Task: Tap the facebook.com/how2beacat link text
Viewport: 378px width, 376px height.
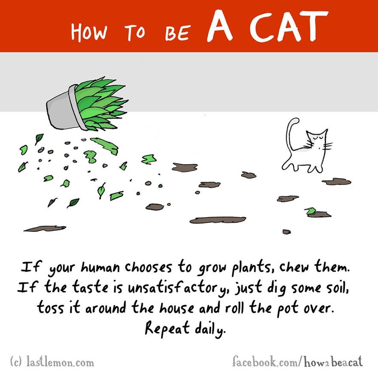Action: tap(296, 361)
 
